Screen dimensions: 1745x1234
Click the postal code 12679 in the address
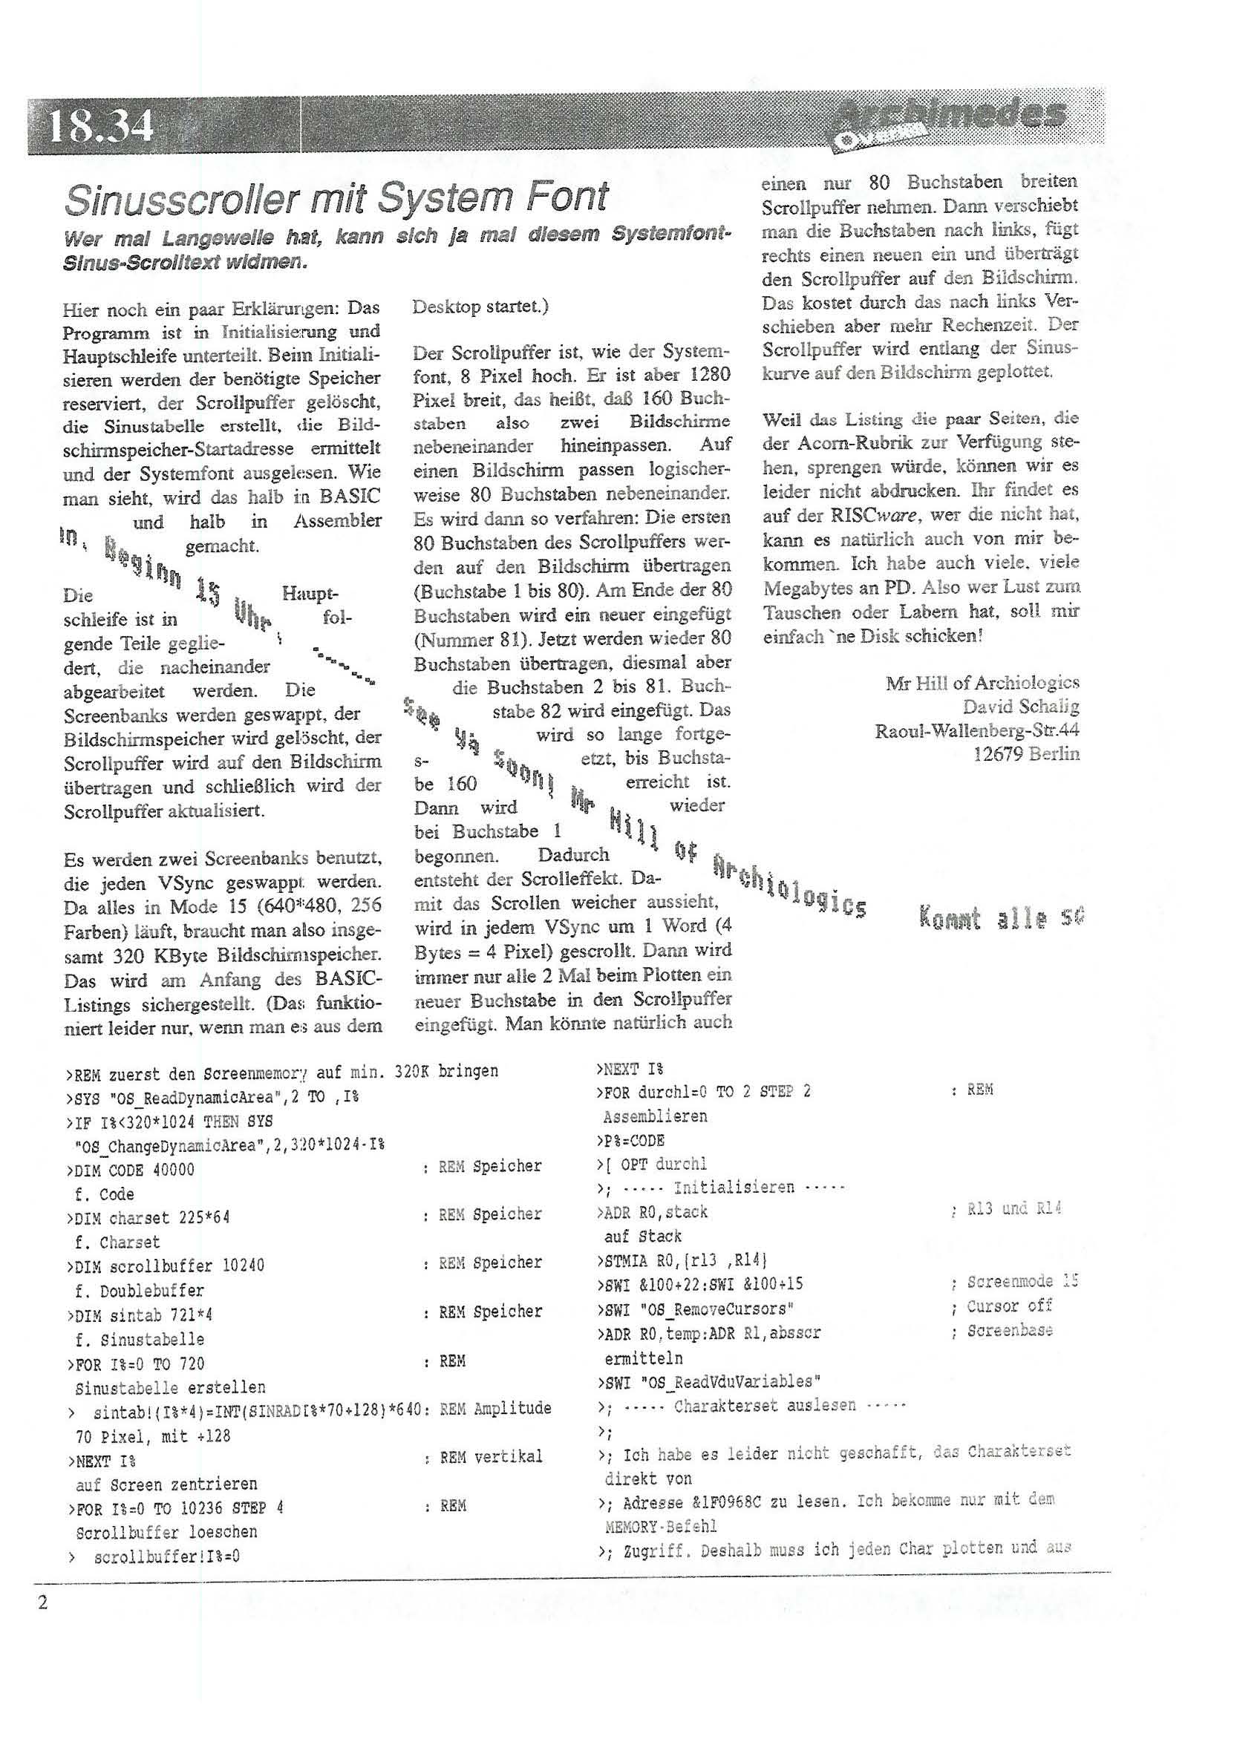(998, 754)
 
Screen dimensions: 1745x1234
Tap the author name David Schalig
(1020, 707)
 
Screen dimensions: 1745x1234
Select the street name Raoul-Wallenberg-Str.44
(977, 730)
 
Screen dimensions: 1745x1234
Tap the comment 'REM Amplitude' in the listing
(495, 1408)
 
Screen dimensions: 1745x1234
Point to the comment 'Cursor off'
(1008, 1306)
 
